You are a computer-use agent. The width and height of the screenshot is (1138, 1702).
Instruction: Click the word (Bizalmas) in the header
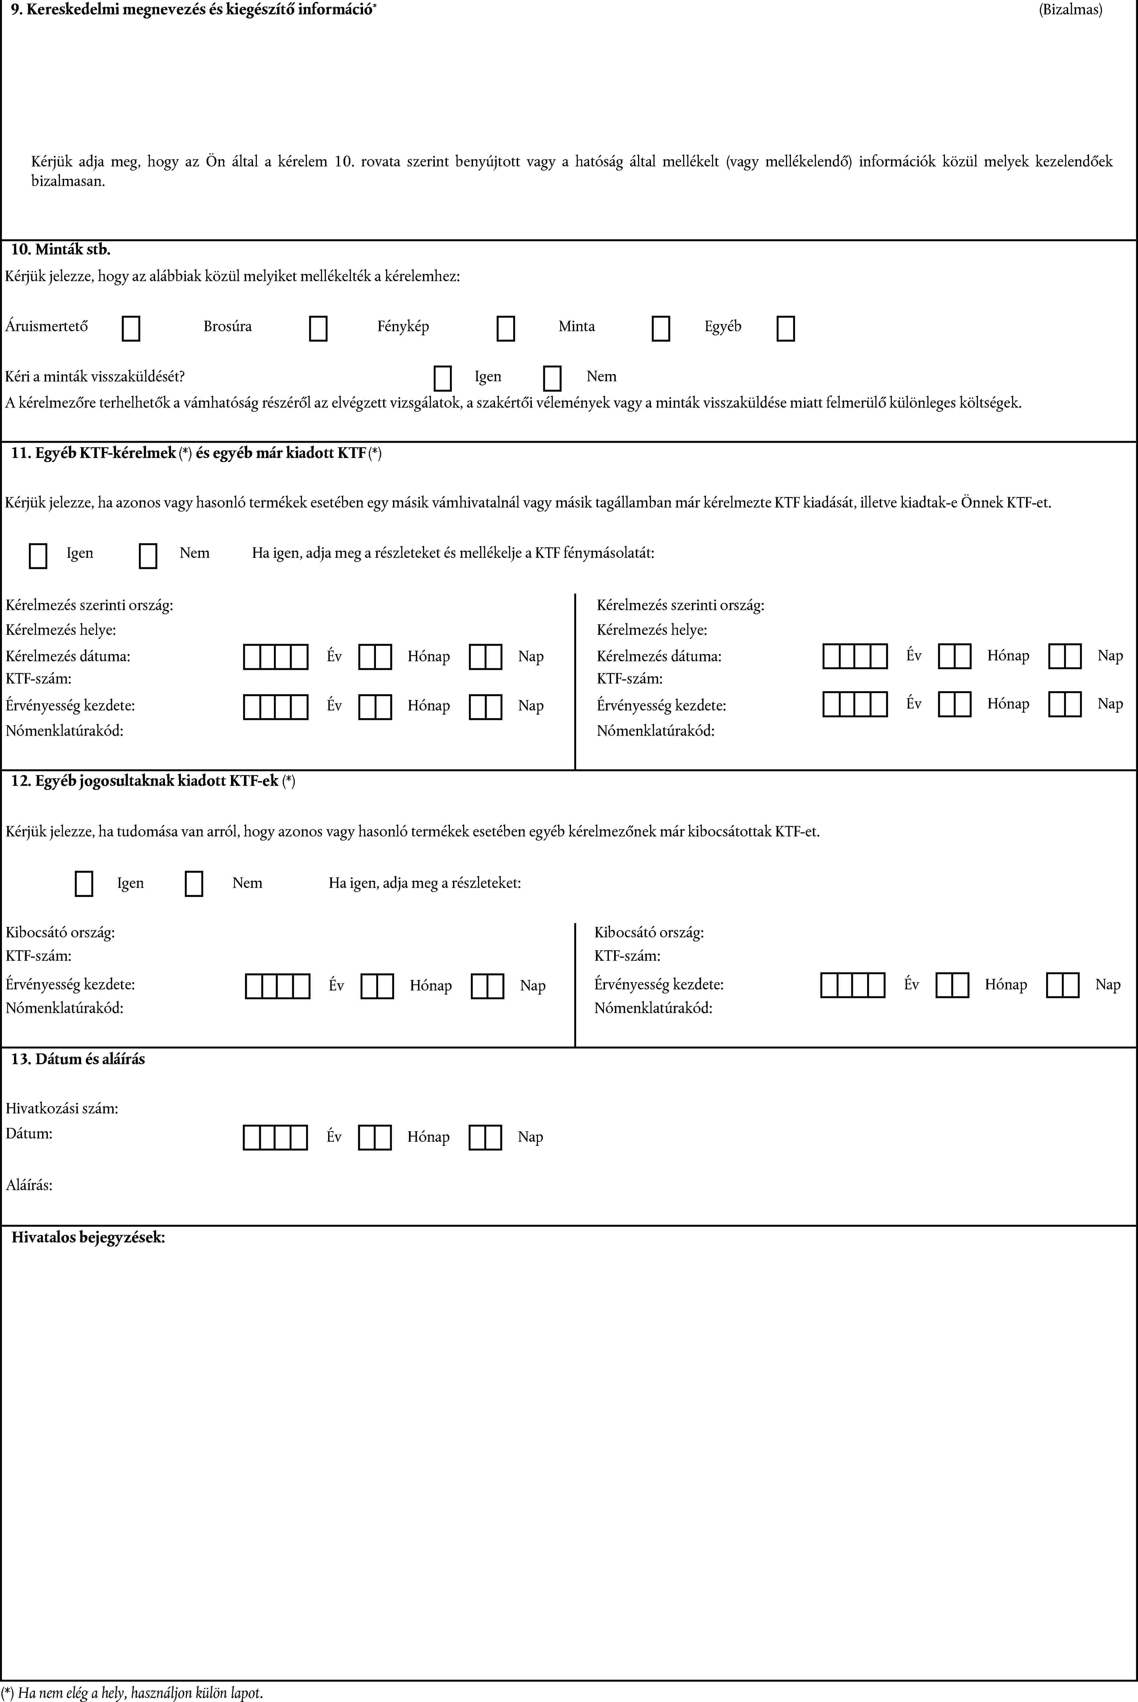click(1070, 10)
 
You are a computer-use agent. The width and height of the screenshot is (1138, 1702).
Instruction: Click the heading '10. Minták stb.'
click(61, 250)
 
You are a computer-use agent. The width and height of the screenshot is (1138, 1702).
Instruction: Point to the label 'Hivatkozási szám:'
click(62, 1108)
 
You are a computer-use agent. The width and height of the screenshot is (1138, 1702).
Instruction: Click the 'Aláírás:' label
click(29, 1185)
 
